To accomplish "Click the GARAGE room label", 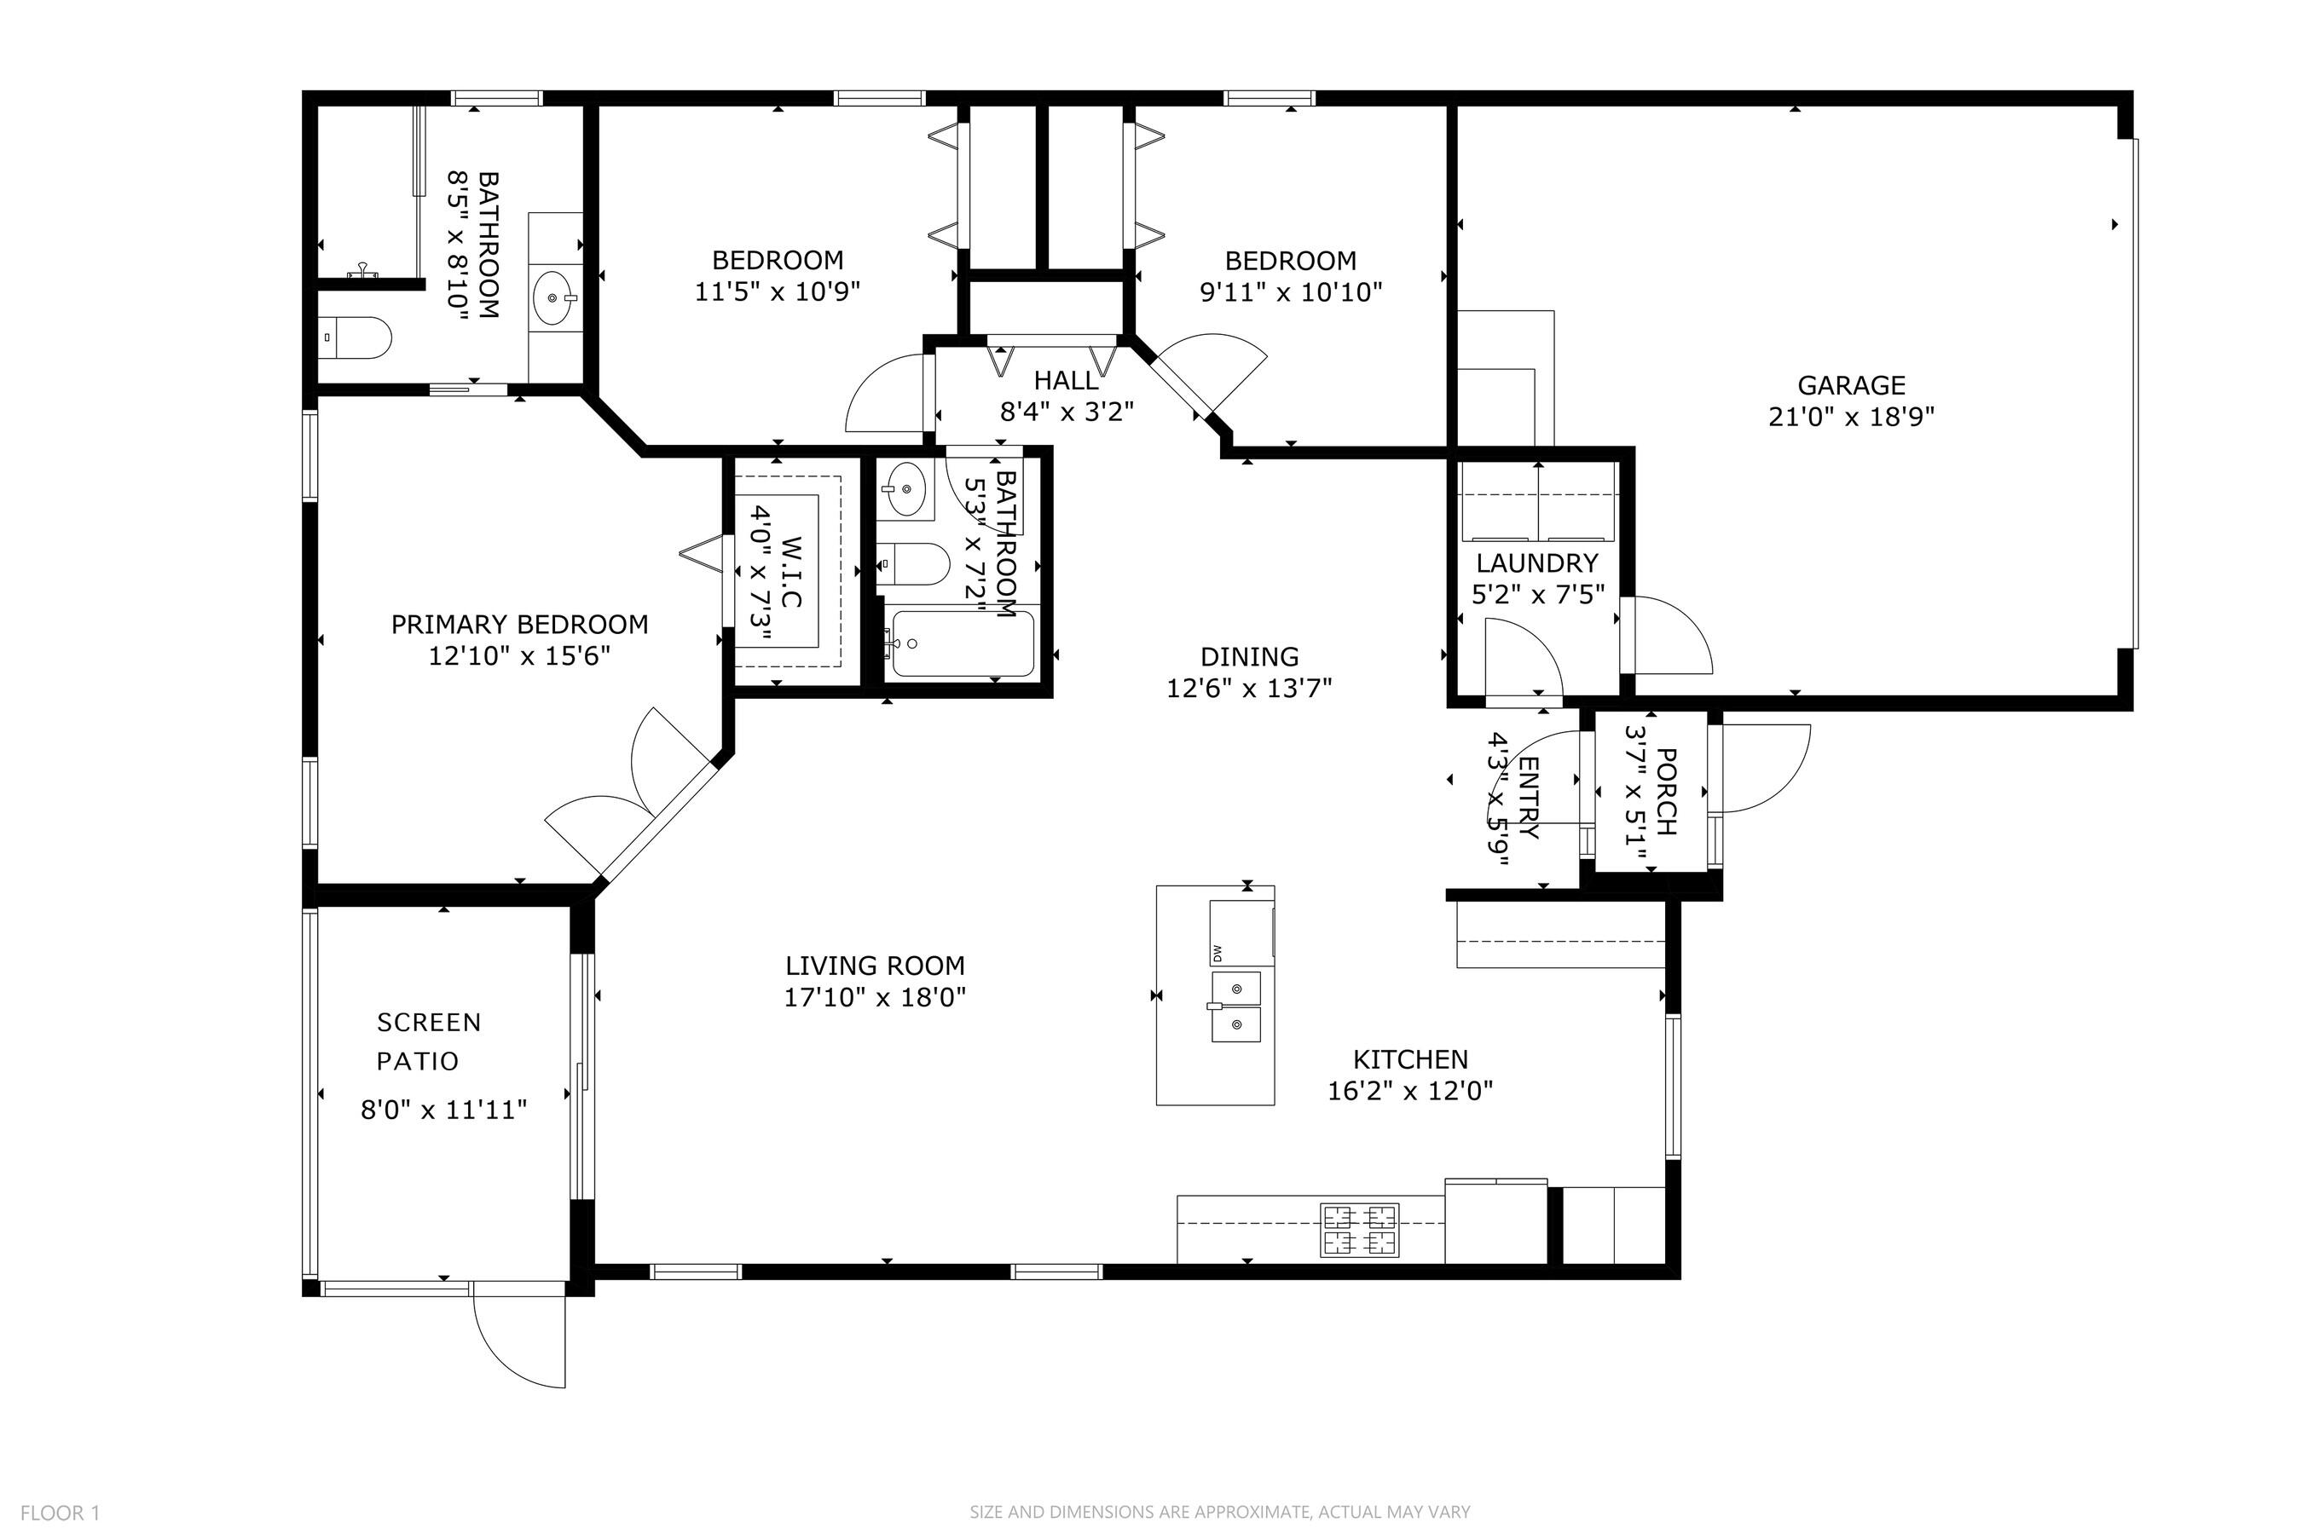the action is [1851, 385].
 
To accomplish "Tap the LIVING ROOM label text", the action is [875, 966].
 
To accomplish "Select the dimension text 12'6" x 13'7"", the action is [1249, 689].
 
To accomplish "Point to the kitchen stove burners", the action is [1361, 1230].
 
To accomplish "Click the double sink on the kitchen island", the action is [1236, 1006].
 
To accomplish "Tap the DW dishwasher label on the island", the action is [1218, 952].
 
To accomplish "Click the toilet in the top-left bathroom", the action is [356, 337].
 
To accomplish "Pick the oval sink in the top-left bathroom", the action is [555, 297].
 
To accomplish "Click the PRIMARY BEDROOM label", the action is [520, 624].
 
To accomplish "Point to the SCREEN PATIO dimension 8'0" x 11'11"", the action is [444, 1110].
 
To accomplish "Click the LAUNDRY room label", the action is [1536, 562].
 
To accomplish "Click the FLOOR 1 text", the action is [60, 1513].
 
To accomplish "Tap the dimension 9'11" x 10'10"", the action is [1291, 291].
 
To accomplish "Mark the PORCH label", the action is [1667, 792].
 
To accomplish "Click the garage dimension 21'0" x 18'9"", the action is [1851, 417].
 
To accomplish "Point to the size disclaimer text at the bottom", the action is [1219, 1512].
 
